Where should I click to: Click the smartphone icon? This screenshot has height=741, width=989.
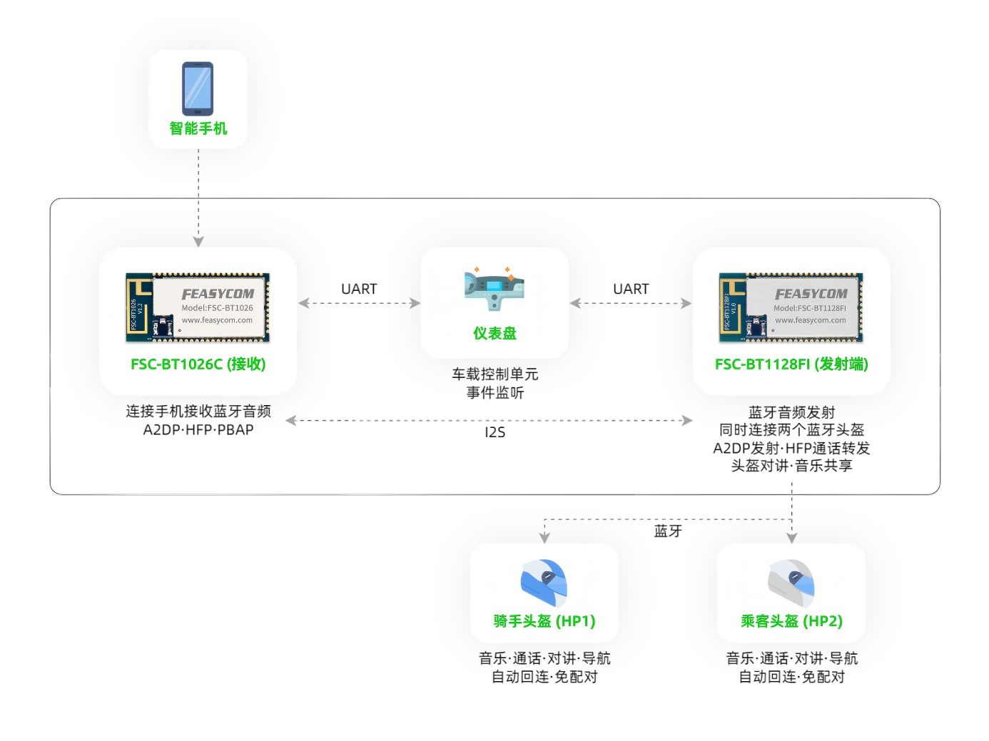198,88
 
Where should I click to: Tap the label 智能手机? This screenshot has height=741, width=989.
198,128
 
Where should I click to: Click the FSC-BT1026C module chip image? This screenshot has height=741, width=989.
198,307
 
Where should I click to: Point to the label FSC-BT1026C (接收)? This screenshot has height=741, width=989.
198,364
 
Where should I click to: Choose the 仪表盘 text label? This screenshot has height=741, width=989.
494,333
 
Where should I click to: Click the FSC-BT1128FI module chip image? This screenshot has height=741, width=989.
791,307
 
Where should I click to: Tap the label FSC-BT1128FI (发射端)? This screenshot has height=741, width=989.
791,364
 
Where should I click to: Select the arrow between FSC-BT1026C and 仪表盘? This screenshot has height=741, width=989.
359,303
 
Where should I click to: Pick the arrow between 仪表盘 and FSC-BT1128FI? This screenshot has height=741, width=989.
631,303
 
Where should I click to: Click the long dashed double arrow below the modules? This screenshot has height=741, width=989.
489,421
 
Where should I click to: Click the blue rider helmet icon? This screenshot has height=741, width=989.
544,582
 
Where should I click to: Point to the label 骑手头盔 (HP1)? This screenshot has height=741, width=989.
544,621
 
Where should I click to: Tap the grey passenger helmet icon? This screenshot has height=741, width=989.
791,582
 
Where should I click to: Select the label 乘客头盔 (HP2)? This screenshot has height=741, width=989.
791,621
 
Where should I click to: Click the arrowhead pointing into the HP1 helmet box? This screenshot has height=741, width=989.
544,537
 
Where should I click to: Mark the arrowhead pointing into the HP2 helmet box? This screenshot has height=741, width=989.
791,537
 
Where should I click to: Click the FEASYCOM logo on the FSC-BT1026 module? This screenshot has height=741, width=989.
218,294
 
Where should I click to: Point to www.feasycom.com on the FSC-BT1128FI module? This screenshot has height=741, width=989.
811,320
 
